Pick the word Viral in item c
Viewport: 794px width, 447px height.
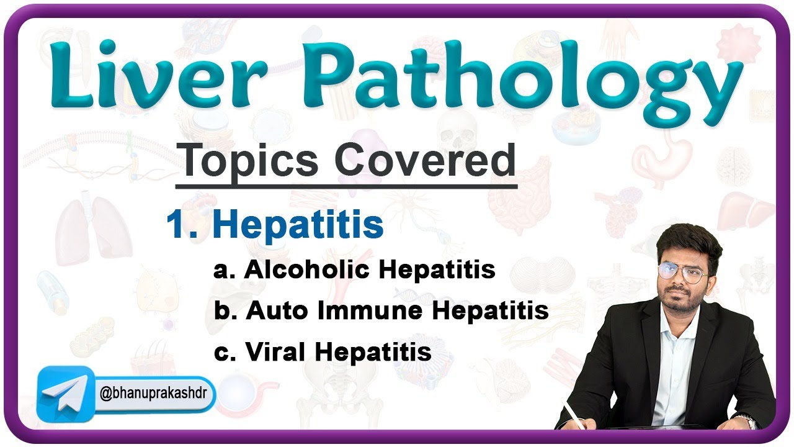pos(275,352)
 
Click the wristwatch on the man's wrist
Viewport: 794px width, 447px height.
pos(749,422)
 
